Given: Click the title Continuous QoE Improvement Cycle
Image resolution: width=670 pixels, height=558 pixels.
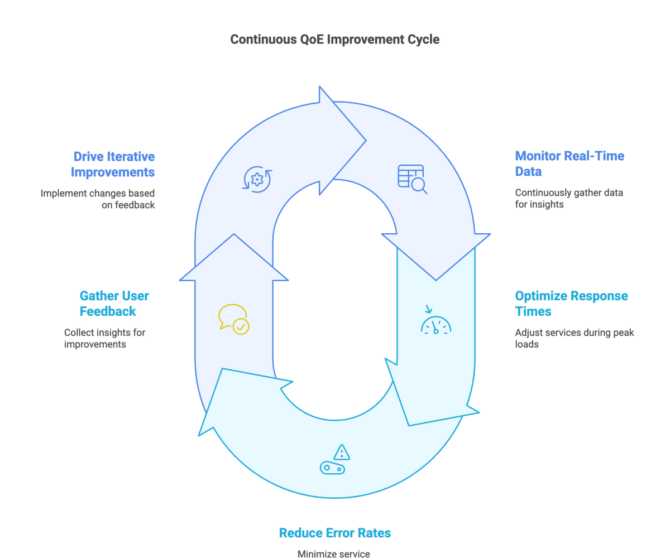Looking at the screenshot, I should pos(334,40).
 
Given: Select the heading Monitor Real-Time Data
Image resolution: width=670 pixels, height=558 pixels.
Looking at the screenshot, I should pos(569,163).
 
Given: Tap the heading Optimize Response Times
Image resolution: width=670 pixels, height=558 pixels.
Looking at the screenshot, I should pos(571,303).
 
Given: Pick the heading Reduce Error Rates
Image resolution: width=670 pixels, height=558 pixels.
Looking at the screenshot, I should pos(334,533).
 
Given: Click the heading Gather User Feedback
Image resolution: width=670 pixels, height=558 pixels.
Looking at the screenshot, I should pos(114,303).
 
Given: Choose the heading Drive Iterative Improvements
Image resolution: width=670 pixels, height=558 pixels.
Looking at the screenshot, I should pos(113,164).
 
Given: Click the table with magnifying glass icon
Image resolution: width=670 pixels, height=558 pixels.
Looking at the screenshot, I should pos(412,179).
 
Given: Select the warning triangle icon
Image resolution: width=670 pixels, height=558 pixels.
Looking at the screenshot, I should pos(341,451).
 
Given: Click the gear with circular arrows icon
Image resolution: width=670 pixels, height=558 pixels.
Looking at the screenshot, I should pos(257,180).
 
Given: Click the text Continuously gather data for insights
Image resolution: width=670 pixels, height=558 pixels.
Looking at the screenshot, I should pos(568,198).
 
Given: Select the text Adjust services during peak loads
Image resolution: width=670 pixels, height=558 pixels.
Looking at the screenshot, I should pos(574,338).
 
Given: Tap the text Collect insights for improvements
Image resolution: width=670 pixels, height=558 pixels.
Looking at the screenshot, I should pos(104,338).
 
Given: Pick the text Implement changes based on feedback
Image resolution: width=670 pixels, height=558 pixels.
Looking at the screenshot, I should pos(98,199).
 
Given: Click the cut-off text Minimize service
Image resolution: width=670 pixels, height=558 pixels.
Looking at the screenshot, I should pos(333,554).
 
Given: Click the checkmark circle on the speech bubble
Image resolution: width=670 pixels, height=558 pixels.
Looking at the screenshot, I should pos(241,326).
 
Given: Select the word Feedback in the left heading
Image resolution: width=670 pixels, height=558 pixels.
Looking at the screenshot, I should pos(108,311).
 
